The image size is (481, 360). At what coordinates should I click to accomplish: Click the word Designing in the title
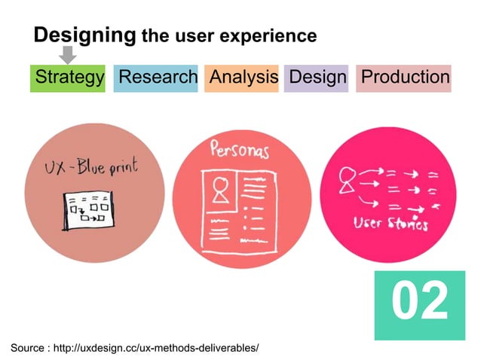tap(84, 35)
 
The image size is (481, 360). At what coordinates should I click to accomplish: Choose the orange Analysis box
tap(243, 77)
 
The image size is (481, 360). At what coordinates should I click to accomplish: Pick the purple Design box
tap(317, 77)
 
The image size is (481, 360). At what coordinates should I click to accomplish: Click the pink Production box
tap(404, 77)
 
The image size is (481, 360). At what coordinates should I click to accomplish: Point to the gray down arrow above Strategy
tap(68, 54)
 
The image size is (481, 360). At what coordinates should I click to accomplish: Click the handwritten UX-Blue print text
tap(91, 167)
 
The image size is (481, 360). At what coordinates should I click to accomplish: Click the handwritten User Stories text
tap(391, 224)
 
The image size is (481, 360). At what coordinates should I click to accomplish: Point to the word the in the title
tap(153, 35)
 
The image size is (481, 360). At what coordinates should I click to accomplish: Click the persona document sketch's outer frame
tap(203, 211)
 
